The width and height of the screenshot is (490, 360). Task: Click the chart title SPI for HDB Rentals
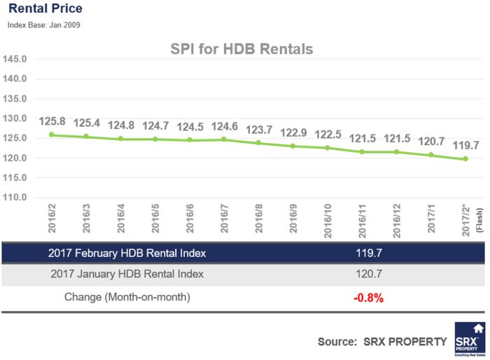(241, 50)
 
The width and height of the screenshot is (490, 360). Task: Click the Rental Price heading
(45, 9)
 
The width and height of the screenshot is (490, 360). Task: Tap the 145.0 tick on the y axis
(15, 59)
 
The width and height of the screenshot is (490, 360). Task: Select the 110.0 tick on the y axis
(15, 198)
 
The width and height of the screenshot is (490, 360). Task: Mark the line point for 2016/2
(51, 134)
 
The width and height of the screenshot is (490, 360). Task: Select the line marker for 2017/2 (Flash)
(465, 159)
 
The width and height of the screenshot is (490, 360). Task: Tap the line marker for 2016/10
(327, 148)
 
